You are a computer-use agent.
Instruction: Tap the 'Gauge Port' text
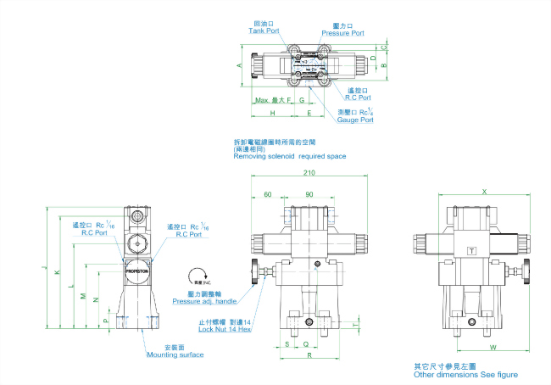[x=355, y=120]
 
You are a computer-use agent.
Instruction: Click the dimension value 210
[x=309, y=174]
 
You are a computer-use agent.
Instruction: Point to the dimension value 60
[x=268, y=194]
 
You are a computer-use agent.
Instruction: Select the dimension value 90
[x=309, y=194]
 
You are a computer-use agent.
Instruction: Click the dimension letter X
[x=484, y=192]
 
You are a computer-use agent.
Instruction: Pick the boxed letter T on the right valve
[x=472, y=250]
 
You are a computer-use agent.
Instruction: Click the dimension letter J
[x=42, y=269]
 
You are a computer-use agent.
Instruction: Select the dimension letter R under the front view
[x=308, y=356]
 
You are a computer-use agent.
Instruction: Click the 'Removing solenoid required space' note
[x=289, y=157]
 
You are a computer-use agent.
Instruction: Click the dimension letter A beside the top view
[x=241, y=64]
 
